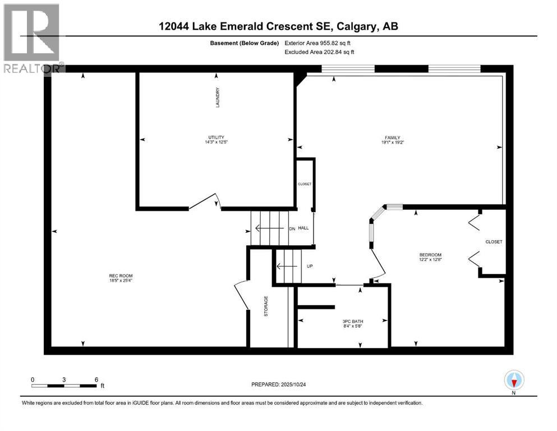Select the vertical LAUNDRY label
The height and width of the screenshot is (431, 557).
[x=217, y=98]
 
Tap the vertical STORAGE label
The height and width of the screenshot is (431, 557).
[x=266, y=306]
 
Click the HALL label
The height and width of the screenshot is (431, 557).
[x=303, y=228]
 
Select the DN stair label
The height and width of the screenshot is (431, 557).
[x=291, y=228]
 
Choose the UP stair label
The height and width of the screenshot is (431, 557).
[x=309, y=266]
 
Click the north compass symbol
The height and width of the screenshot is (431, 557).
[x=514, y=380]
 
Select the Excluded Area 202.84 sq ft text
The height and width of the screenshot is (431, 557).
[x=320, y=52]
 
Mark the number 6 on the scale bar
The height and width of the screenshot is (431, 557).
[x=97, y=379]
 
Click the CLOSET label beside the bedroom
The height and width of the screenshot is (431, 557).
[x=494, y=242]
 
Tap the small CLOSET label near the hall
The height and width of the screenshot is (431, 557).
[x=305, y=184]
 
